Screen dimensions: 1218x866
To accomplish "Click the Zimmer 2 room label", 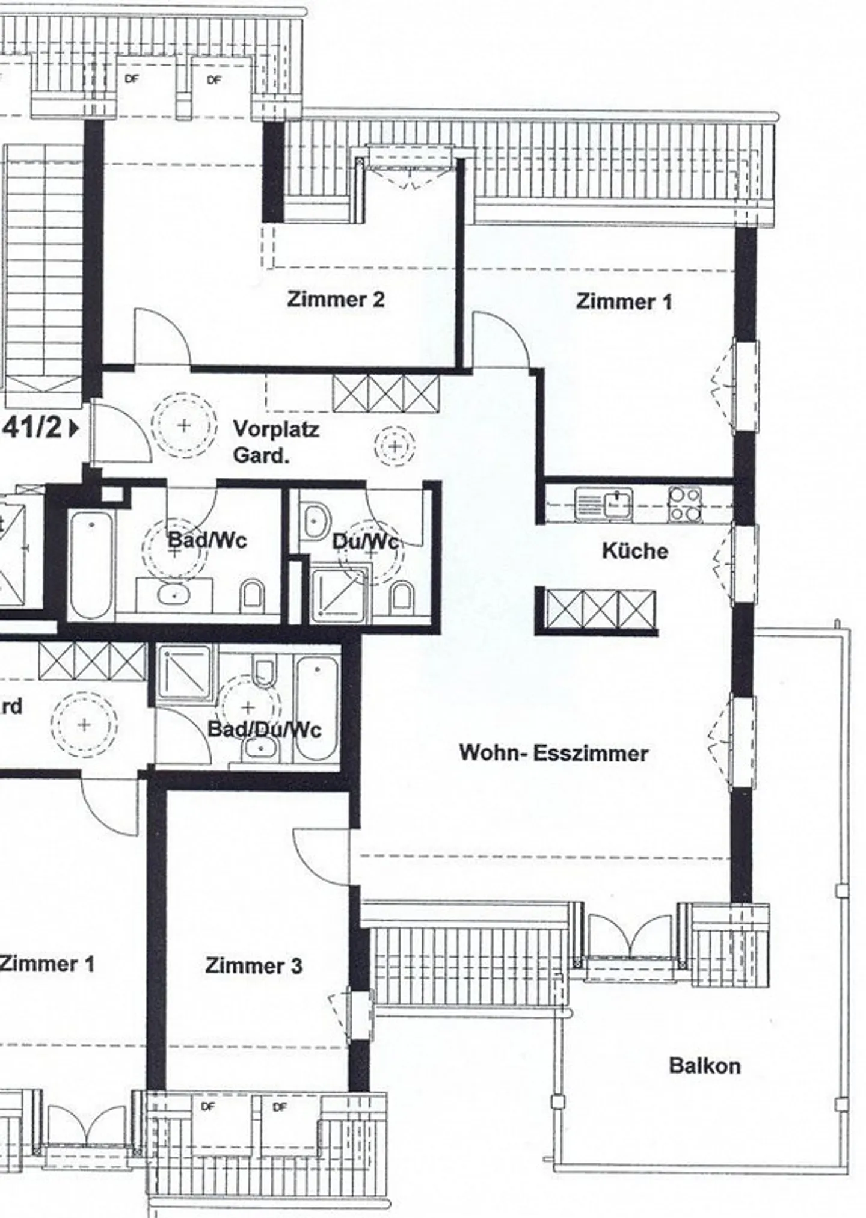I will pyautogui.click(x=336, y=299).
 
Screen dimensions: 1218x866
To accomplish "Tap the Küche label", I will pyautogui.click(x=635, y=551).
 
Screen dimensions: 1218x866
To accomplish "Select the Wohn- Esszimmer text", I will pyautogui.click(x=553, y=753).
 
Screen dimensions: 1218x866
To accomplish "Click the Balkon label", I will pyautogui.click(x=704, y=1066).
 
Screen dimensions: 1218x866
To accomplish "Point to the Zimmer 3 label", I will pyautogui.click(x=253, y=966).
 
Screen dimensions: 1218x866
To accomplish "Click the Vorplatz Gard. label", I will pyautogui.click(x=275, y=442).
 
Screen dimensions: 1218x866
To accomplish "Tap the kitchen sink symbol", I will pyautogui.click(x=604, y=503).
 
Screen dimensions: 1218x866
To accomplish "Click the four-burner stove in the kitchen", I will pyautogui.click(x=685, y=504).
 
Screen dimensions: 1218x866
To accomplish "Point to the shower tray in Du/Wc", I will pyautogui.click(x=339, y=592).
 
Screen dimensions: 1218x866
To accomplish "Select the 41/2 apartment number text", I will pyautogui.click(x=35, y=428).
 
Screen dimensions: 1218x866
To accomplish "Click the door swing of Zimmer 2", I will pyautogui.click(x=159, y=337).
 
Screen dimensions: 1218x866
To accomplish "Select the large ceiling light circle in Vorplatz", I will pyautogui.click(x=183, y=426).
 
